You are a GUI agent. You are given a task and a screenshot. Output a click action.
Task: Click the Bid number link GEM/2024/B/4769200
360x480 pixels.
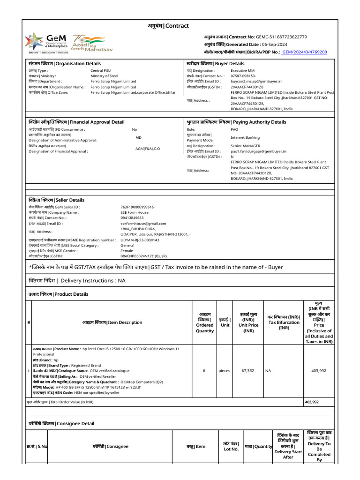305,52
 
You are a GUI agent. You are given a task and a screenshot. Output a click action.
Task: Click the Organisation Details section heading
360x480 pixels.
65,64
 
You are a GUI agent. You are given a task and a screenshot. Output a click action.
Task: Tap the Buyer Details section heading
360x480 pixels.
216,64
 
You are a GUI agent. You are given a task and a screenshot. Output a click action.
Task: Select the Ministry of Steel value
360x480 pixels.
105,75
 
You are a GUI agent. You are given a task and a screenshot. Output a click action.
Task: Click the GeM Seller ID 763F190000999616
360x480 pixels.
137,207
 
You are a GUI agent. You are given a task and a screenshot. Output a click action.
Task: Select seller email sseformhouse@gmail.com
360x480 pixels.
143,224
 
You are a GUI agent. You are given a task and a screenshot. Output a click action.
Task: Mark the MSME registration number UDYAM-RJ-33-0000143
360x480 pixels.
140,240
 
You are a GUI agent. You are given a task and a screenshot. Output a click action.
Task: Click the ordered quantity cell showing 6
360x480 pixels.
204,371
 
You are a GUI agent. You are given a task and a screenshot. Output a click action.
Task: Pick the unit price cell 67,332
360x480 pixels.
248,371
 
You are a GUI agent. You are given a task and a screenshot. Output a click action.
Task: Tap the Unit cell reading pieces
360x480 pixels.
225,371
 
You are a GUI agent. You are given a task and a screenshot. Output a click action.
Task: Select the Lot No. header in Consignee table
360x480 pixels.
231,446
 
